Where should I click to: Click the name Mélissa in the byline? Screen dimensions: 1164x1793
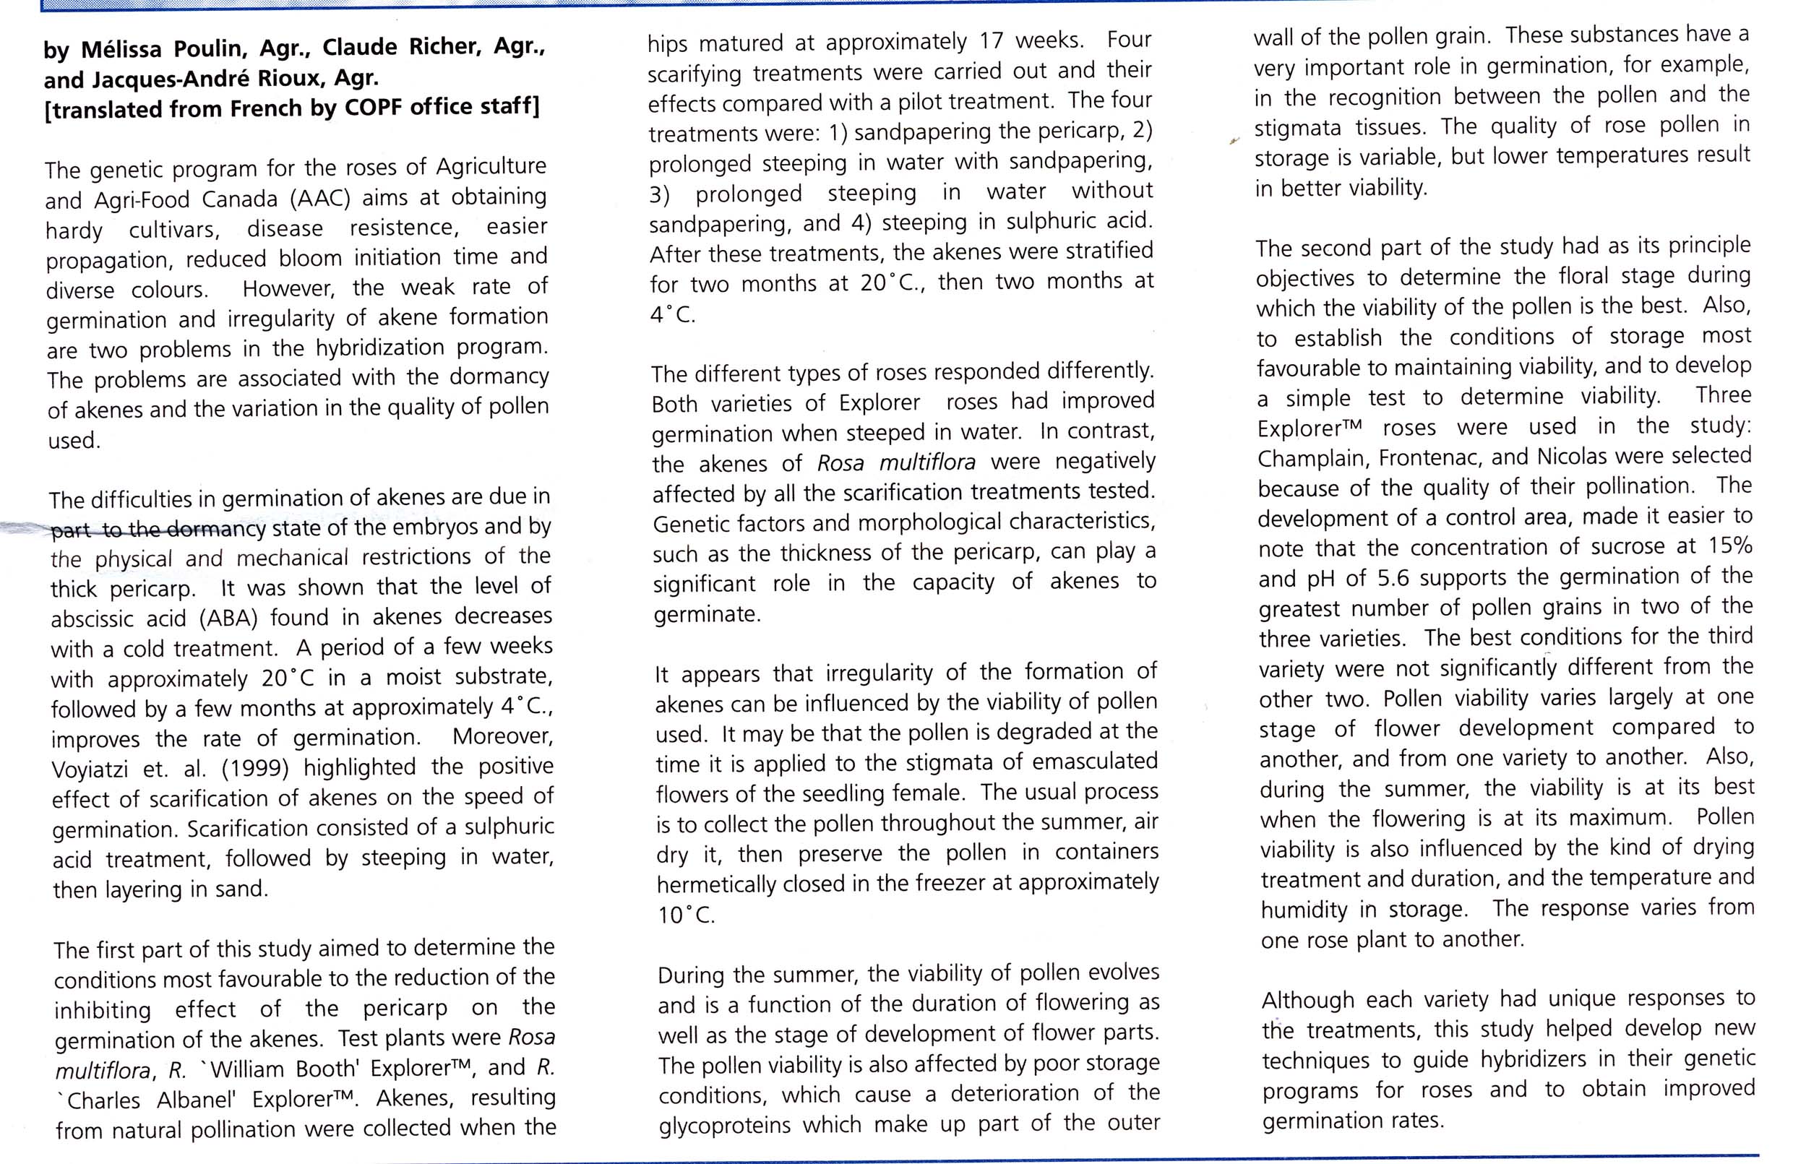click(x=122, y=50)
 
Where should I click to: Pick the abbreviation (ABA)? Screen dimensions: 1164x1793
click(x=229, y=618)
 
